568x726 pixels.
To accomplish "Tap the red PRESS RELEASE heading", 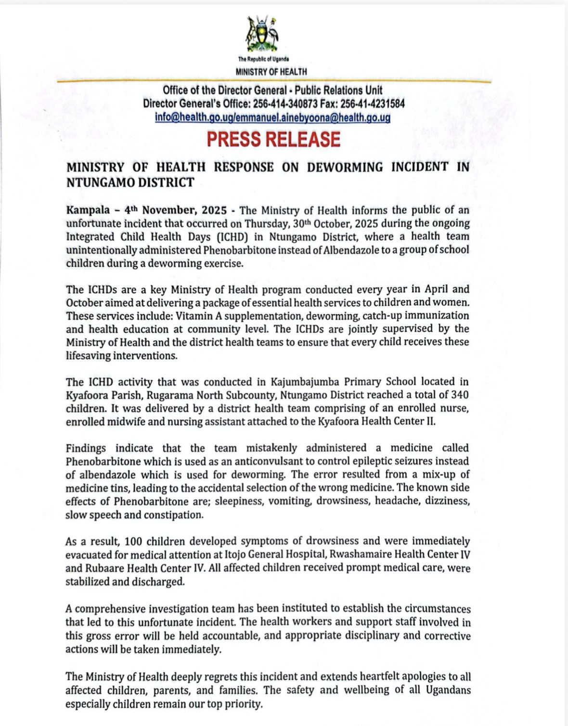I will pos(273,139).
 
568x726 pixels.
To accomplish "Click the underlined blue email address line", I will pos(272,117).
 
